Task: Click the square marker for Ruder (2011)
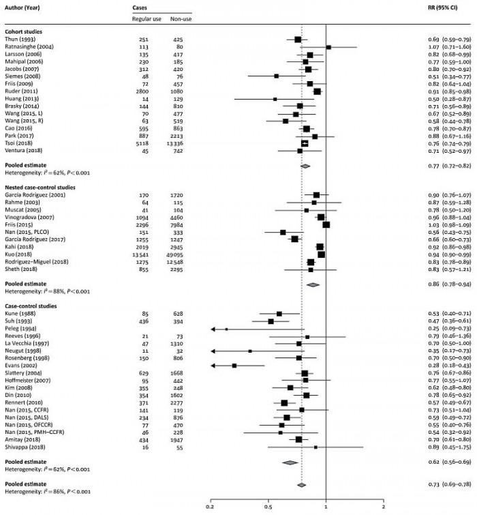(317, 91)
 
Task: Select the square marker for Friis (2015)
(326, 224)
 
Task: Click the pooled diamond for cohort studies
(305, 166)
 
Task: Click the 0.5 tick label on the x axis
(268, 507)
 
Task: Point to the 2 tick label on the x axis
(384, 507)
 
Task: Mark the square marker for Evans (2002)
(234, 366)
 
